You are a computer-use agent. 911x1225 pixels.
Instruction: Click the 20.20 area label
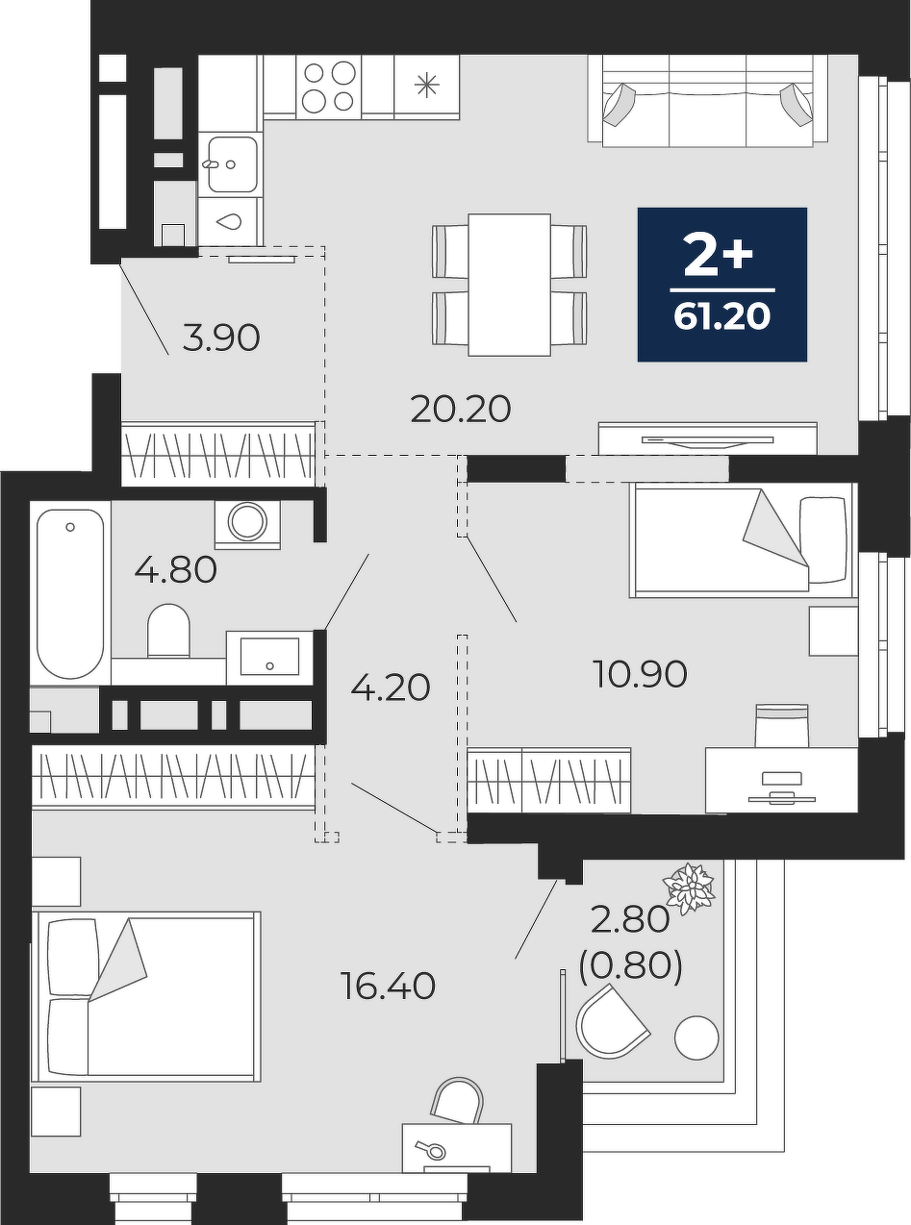[x=461, y=410]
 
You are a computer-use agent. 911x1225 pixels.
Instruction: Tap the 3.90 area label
[x=221, y=338]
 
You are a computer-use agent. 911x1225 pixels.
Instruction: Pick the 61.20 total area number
[x=721, y=317]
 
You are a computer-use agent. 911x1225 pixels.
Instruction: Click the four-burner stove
[x=329, y=87]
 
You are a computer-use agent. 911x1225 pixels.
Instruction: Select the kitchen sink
[x=232, y=164]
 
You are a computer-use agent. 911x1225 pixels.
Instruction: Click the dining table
[x=509, y=285]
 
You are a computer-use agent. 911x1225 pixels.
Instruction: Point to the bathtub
[x=70, y=593]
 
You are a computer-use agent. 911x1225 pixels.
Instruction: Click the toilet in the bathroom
[x=168, y=630]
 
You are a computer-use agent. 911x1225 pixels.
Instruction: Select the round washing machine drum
[x=247, y=521]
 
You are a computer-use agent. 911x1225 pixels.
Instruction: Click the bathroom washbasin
[x=269, y=657]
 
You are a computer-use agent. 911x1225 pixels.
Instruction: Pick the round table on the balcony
[x=696, y=1037]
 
